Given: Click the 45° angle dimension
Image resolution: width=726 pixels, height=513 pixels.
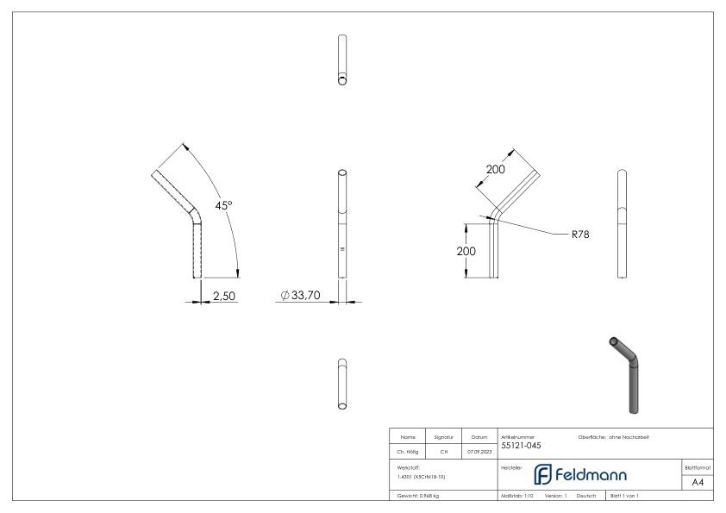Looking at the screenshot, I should pos(224,205).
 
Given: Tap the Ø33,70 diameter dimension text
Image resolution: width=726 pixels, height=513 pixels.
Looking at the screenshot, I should pos(301,296).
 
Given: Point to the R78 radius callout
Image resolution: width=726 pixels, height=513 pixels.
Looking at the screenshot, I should pos(579,234).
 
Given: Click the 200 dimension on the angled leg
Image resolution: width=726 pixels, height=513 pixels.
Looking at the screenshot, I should pos(496,170).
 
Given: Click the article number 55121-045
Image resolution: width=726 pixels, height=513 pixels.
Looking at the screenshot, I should pos(522,445).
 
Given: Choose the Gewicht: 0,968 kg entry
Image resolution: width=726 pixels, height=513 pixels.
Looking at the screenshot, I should pos(417,496).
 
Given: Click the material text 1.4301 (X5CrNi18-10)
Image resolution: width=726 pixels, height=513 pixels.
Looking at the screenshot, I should pos(422,476).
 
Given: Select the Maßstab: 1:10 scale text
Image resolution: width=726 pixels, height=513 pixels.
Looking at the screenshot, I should pos(517,496).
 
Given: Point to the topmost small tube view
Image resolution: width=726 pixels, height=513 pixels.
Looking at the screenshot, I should pos(342,60).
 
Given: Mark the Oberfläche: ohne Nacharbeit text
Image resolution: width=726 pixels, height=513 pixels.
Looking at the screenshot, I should pos(613,437).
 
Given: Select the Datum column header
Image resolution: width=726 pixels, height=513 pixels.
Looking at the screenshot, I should pos(479,437).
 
